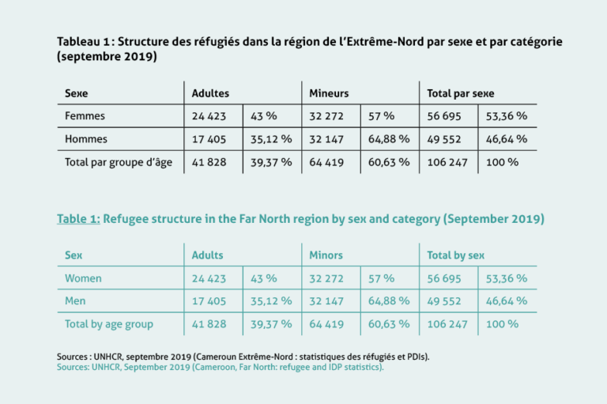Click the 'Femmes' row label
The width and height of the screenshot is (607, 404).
85,115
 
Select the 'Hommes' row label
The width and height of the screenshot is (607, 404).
86,139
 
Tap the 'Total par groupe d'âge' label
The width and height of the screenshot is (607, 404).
119,162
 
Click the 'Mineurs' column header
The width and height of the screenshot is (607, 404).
329,93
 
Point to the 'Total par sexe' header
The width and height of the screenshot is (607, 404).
460,93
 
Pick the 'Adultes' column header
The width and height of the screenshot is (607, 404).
210,93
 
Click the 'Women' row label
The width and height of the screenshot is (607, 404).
83,278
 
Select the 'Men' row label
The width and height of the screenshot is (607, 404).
75,301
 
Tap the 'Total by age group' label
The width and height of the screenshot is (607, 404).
109,324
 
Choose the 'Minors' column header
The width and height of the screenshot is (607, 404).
326,255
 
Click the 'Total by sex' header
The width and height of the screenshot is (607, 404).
455,255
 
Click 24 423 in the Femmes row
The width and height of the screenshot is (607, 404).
209,116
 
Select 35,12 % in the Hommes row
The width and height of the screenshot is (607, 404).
271,139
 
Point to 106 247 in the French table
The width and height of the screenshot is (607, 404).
447,162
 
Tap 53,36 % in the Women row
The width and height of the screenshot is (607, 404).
507,278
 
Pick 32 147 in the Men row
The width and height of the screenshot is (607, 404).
326,301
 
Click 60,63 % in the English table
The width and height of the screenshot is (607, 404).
389,324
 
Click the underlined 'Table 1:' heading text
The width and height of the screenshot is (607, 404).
78,219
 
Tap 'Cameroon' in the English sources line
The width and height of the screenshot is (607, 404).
215,367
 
